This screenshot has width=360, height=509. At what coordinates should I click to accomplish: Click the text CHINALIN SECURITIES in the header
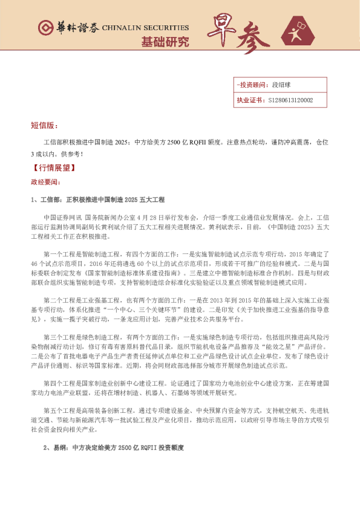[x=145, y=28]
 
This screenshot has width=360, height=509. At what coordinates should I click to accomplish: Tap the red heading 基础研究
[x=165, y=42]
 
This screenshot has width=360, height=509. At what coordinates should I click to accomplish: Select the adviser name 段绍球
[x=282, y=85]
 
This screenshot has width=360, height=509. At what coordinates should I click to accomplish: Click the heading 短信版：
[x=44, y=125]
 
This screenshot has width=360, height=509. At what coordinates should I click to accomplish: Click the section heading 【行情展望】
[x=53, y=168]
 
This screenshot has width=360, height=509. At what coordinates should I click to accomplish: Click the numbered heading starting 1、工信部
[x=97, y=199]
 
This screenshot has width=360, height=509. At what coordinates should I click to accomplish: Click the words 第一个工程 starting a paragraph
[x=59, y=255]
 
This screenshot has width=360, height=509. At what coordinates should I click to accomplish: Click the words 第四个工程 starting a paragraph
[x=59, y=383]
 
